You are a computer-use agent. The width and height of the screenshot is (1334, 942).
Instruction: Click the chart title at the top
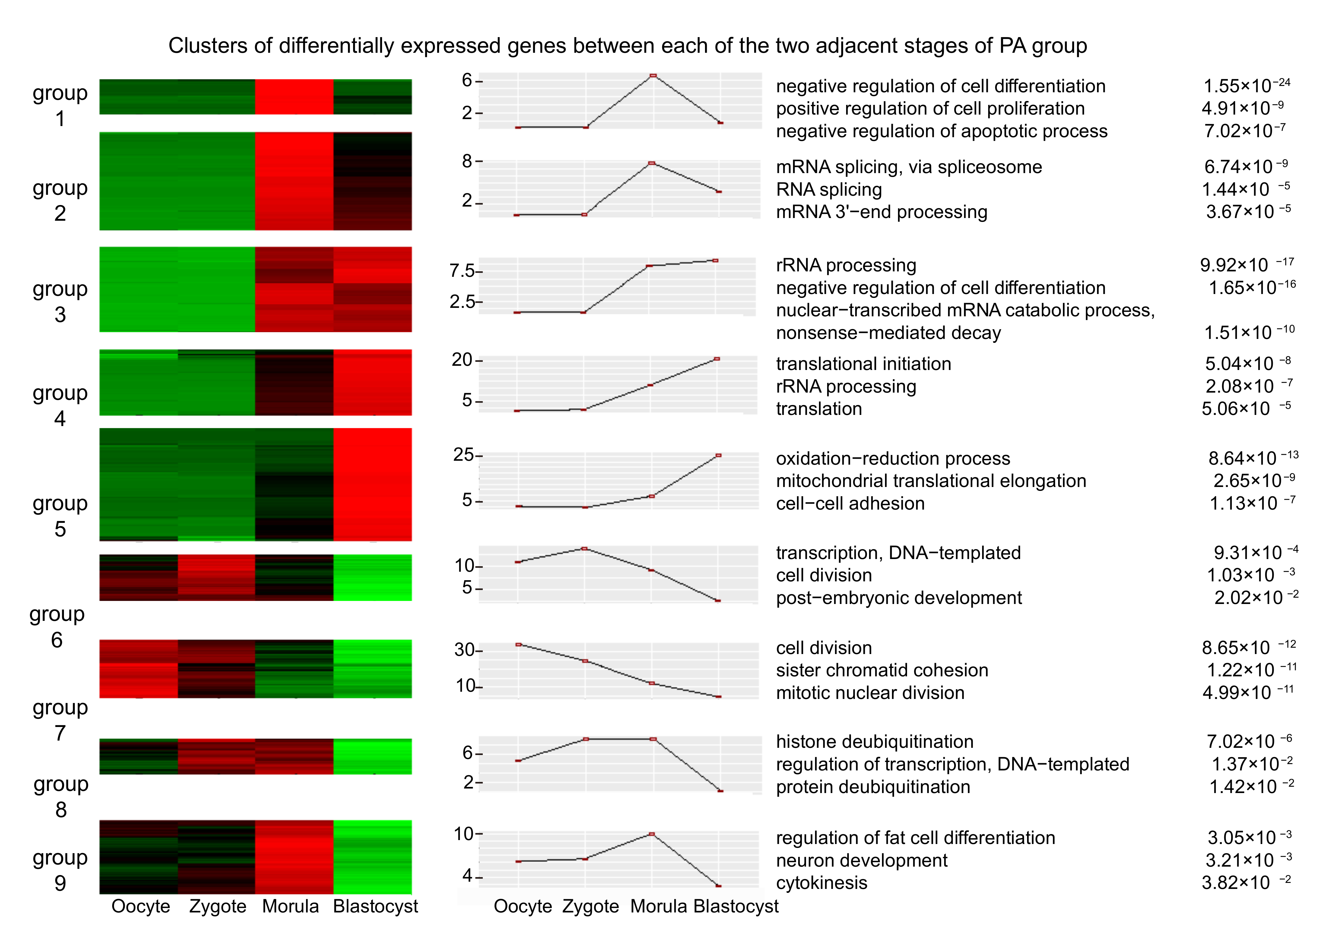click(627, 46)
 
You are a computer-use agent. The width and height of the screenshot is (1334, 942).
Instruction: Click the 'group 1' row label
click(60, 105)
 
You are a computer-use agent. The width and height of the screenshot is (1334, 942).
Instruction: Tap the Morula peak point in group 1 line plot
click(653, 76)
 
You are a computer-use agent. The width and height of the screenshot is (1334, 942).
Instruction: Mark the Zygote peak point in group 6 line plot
click(584, 548)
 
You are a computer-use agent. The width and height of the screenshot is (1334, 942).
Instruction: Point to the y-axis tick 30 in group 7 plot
click(465, 650)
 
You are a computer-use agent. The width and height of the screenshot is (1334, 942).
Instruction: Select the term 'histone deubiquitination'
click(874, 742)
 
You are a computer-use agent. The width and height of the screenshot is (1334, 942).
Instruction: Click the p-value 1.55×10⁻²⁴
click(1246, 86)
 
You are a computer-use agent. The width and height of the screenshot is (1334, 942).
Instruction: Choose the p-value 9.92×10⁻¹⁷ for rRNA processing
click(1246, 265)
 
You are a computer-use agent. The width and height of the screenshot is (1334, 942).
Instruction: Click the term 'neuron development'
click(861, 861)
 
